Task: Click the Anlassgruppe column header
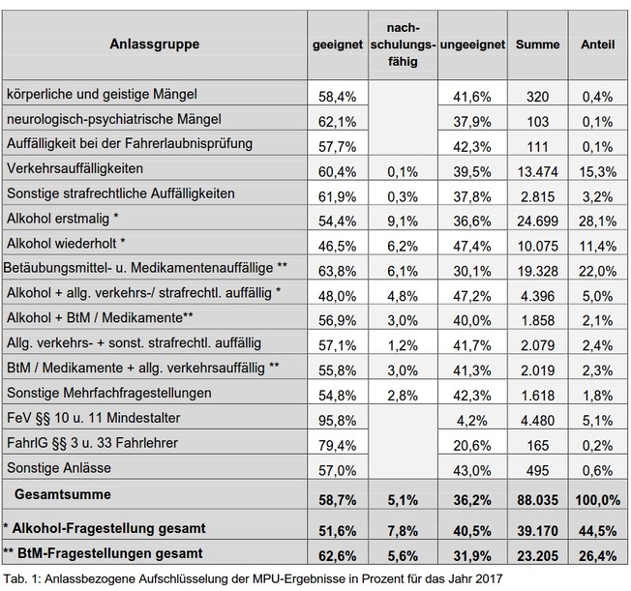[x=155, y=44]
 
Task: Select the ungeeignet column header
[x=472, y=44]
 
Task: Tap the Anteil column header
[x=597, y=44]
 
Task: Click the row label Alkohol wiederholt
[x=66, y=244]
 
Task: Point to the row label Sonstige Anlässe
[x=59, y=468]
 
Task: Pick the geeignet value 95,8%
[x=337, y=421]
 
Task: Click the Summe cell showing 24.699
[x=538, y=221]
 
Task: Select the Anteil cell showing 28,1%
[x=597, y=221]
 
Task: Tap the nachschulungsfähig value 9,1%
[x=403, y=221]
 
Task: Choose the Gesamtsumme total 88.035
[x=538, y=500]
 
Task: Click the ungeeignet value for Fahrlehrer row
[x=472, y=445]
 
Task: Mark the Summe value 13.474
[x=538, y=172]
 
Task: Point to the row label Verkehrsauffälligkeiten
[x=75, y=168]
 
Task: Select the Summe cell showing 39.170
[x=538, y=531]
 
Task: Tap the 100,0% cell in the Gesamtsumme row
[x=597, y=500]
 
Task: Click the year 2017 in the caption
[x=488, y=579]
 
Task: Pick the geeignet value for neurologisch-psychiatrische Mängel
[x=337, y=122]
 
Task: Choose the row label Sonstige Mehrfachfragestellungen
[x=109, y=393]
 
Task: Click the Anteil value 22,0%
[x=597, y=271]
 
